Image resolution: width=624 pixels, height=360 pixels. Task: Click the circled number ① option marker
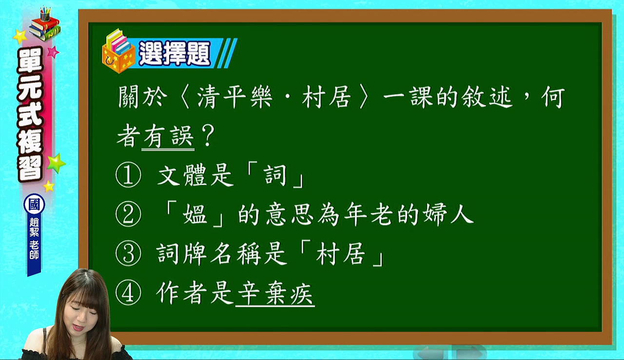pyautogui.click(x=128, y=175)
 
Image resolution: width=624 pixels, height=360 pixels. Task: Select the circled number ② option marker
pyautogui.click(x=128, y=215)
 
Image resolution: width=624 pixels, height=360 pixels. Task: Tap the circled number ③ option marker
pyautogui.click(x=128, y=254)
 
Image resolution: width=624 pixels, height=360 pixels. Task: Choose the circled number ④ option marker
pyautogui.click(x=128, y=293)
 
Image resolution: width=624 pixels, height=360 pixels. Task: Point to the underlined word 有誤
pyautogui.click(x=168, y=136)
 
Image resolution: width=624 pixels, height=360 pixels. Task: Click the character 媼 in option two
pyautogui.click(x=195, y=215)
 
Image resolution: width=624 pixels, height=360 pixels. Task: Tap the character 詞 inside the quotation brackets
pyautogui.click(x=275, y=175)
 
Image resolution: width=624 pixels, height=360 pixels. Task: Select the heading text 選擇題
pyautogui.click(x=175, y=54)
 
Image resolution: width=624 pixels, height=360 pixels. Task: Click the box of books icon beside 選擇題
pyautogui.click(x=118, y=51)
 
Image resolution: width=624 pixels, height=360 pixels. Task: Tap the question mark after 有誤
pyautogui.click(x=208, y=136)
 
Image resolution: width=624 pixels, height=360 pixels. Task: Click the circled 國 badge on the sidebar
pyautogui.click(x=34, y=204)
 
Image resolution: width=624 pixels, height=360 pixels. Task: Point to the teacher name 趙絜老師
pyautogui.click(x=34, y=239)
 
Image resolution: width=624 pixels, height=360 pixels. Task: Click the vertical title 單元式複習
pyautogui.click(x=30, y=114)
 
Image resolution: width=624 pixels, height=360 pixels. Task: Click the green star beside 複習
pyautogui.click(x=57, y=163)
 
